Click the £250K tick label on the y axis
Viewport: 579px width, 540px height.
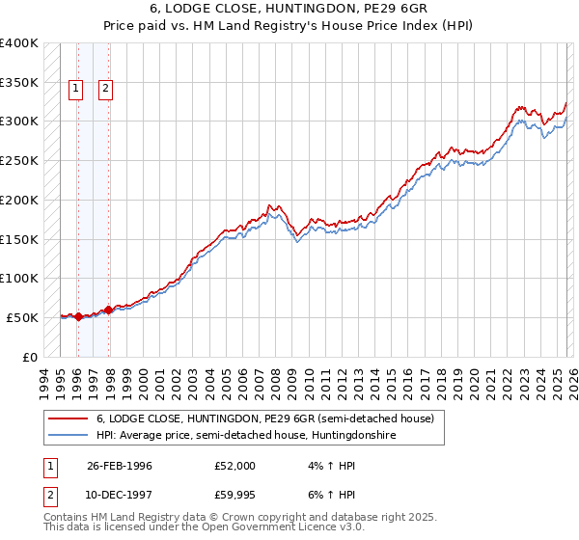click(x=18, y=161)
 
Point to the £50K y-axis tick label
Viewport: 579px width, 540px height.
click(x=22, y=317)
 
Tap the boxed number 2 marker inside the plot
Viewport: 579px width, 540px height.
click(x=106, y=90)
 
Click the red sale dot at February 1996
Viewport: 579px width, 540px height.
click(x=78, y=315)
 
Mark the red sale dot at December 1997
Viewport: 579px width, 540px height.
click(x=108, y=310)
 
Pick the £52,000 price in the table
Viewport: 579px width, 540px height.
click(x=235, y=466)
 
